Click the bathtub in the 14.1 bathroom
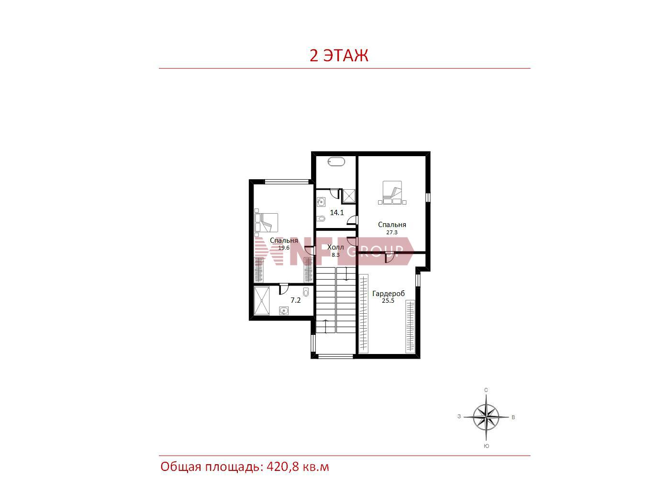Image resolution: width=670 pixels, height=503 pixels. (336, 161)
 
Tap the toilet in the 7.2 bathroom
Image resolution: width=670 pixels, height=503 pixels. (306, 291)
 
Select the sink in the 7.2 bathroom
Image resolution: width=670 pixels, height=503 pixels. (284, 311)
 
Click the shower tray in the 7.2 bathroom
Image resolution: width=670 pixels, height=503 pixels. (262, 300)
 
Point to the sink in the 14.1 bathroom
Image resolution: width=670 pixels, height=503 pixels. (321, 202)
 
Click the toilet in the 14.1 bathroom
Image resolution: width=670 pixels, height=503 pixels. (321, 218)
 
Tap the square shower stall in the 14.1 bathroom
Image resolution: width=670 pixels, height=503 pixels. (348, 196)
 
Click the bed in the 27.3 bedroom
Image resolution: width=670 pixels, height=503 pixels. (392, 193)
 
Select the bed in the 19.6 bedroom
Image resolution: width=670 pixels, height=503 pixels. (266, 222)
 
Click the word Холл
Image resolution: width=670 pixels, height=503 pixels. (335, 247)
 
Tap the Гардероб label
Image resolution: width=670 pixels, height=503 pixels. (388, 294)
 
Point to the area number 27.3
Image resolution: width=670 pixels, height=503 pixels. (392, 232)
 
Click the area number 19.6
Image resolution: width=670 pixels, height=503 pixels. (284, 248)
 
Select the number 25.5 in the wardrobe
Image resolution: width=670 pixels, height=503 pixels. (388, 300)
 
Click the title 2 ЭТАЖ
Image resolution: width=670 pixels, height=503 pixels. (339, 56)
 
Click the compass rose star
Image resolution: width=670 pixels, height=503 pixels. (486, 417)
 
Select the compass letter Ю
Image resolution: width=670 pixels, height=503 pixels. (486, 446)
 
